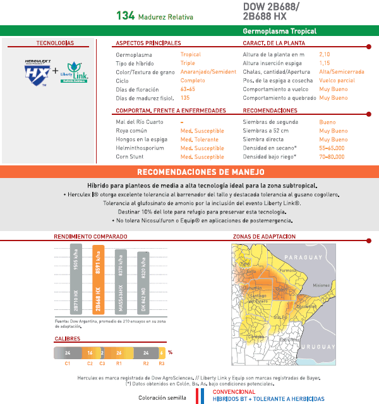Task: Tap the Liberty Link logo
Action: [75, 72]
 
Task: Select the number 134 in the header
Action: [125, 15]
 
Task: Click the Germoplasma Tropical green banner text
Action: [279, 30]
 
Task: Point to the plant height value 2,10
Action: [325, 55]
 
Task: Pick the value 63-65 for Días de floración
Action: [188, 90]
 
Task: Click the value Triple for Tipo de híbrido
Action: [188, 64]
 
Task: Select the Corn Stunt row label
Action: [131, 157]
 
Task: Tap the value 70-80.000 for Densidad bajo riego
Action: [332, 157]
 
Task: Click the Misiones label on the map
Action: [322, 285]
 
